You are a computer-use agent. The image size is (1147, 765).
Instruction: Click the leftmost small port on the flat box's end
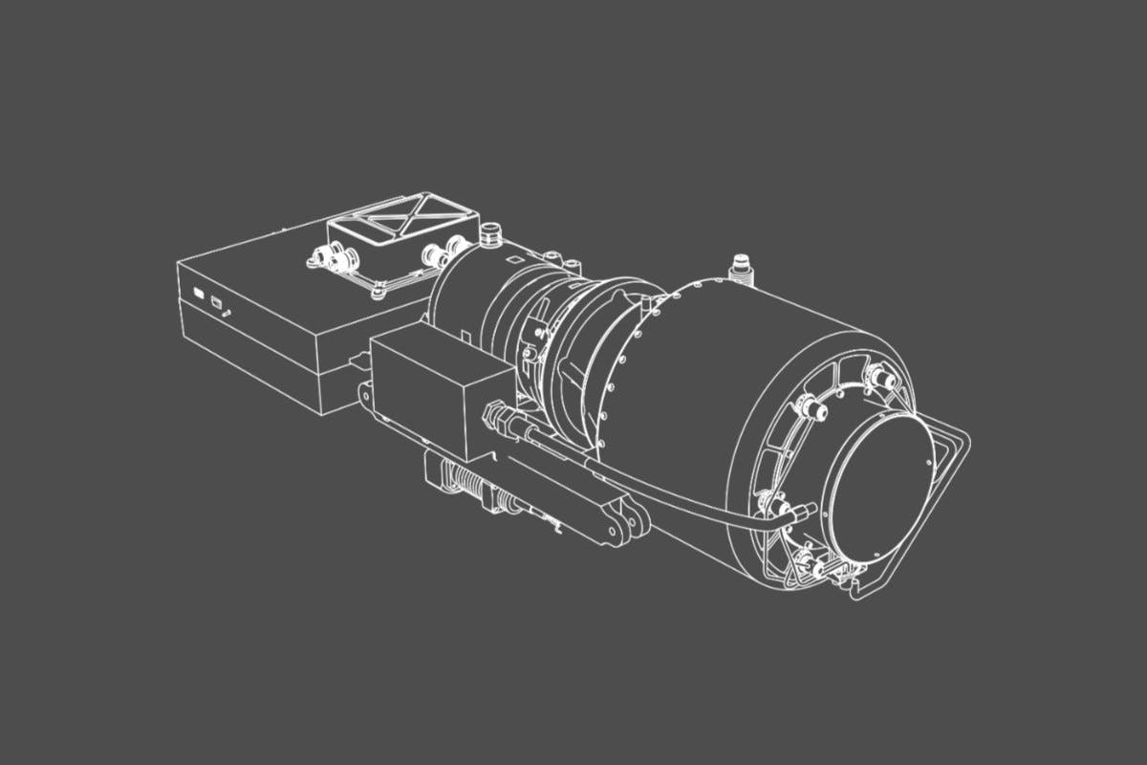198,294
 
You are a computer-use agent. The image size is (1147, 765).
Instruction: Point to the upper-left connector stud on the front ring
813,409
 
